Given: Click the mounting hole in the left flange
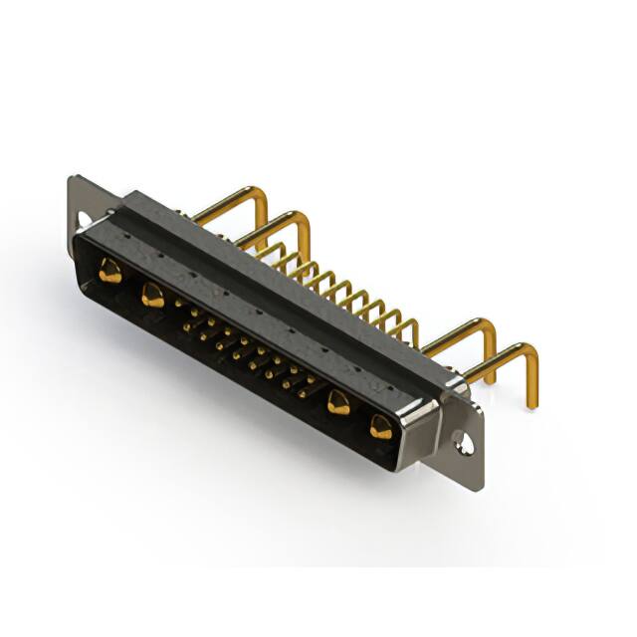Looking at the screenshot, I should tap(85, 216).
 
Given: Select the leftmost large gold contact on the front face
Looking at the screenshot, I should tap(110, 270).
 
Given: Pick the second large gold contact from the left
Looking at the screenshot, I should tap(152, 295).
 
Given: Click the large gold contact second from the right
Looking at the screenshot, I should tap(338, 403).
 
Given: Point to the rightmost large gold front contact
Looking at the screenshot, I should tap(380, 427).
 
